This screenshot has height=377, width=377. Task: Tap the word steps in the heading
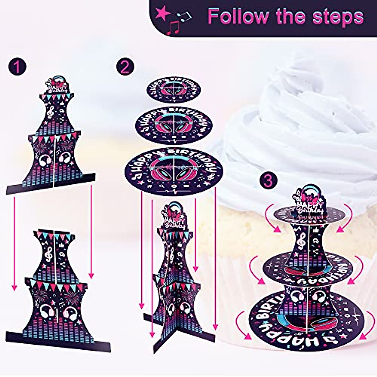339,16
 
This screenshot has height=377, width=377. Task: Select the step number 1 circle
17,67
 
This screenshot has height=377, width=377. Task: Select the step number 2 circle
125,67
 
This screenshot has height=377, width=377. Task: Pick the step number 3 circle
268,180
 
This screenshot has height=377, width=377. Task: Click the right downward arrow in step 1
91,232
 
